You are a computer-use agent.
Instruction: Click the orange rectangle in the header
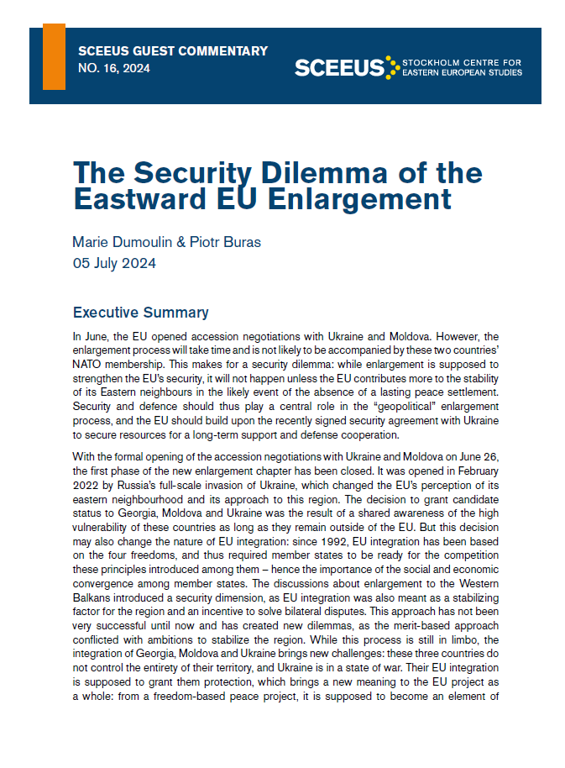54,56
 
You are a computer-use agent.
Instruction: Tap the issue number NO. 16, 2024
113,69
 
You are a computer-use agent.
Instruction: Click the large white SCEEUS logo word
339,67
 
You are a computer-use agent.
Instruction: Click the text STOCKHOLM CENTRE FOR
462,62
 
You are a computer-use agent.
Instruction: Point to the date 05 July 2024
114,263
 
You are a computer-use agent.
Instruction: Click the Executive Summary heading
140,313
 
